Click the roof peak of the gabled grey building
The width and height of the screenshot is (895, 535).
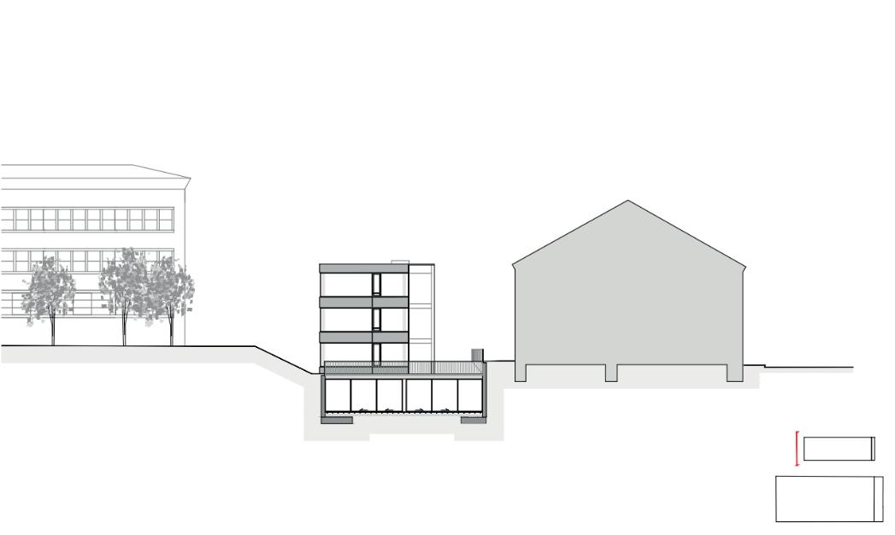pyautogui.click(x=628, y=202)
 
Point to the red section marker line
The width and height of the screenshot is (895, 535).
pyautogui.click(x=797, y=449)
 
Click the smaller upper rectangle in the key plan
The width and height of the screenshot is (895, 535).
pyautogui.click(x=839, y=449)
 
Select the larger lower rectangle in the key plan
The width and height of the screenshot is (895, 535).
pyautogui.click(x=828, y=498)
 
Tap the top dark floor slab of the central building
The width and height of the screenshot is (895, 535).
pyautogui.click(x=363, y=268)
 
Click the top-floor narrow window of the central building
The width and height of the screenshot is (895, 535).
pyautogui.click(x=376, y=285)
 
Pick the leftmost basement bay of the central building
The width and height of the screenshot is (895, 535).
pyautogui.click(x=337, y=394)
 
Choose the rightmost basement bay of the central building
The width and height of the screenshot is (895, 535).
pyautogui.click(x=469, y=394)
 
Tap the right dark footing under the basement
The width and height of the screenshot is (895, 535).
pyautogui.click(x=473, y=420)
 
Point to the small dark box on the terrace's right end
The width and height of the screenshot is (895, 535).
pyautogui.click(x=477, y=354)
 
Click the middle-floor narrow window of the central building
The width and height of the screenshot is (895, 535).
pyautogui.click(x=376, y=320)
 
